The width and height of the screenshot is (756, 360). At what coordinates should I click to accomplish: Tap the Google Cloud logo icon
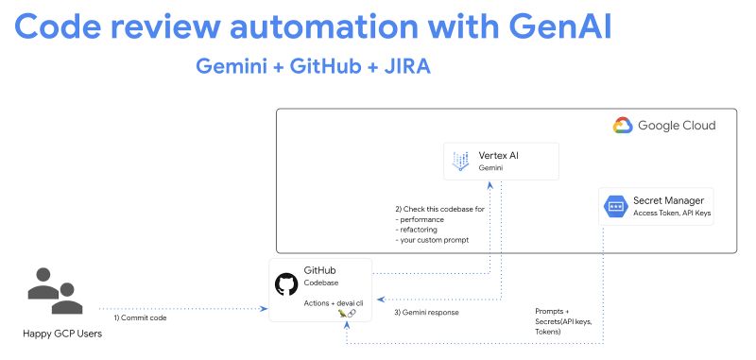[x=622, y=126]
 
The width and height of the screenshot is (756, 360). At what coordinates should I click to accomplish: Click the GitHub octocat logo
[x=286, y=284]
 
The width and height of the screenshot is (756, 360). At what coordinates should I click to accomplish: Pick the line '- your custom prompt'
[x=438, y=239]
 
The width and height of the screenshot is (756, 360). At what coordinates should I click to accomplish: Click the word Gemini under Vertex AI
[x=490, y=168]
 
